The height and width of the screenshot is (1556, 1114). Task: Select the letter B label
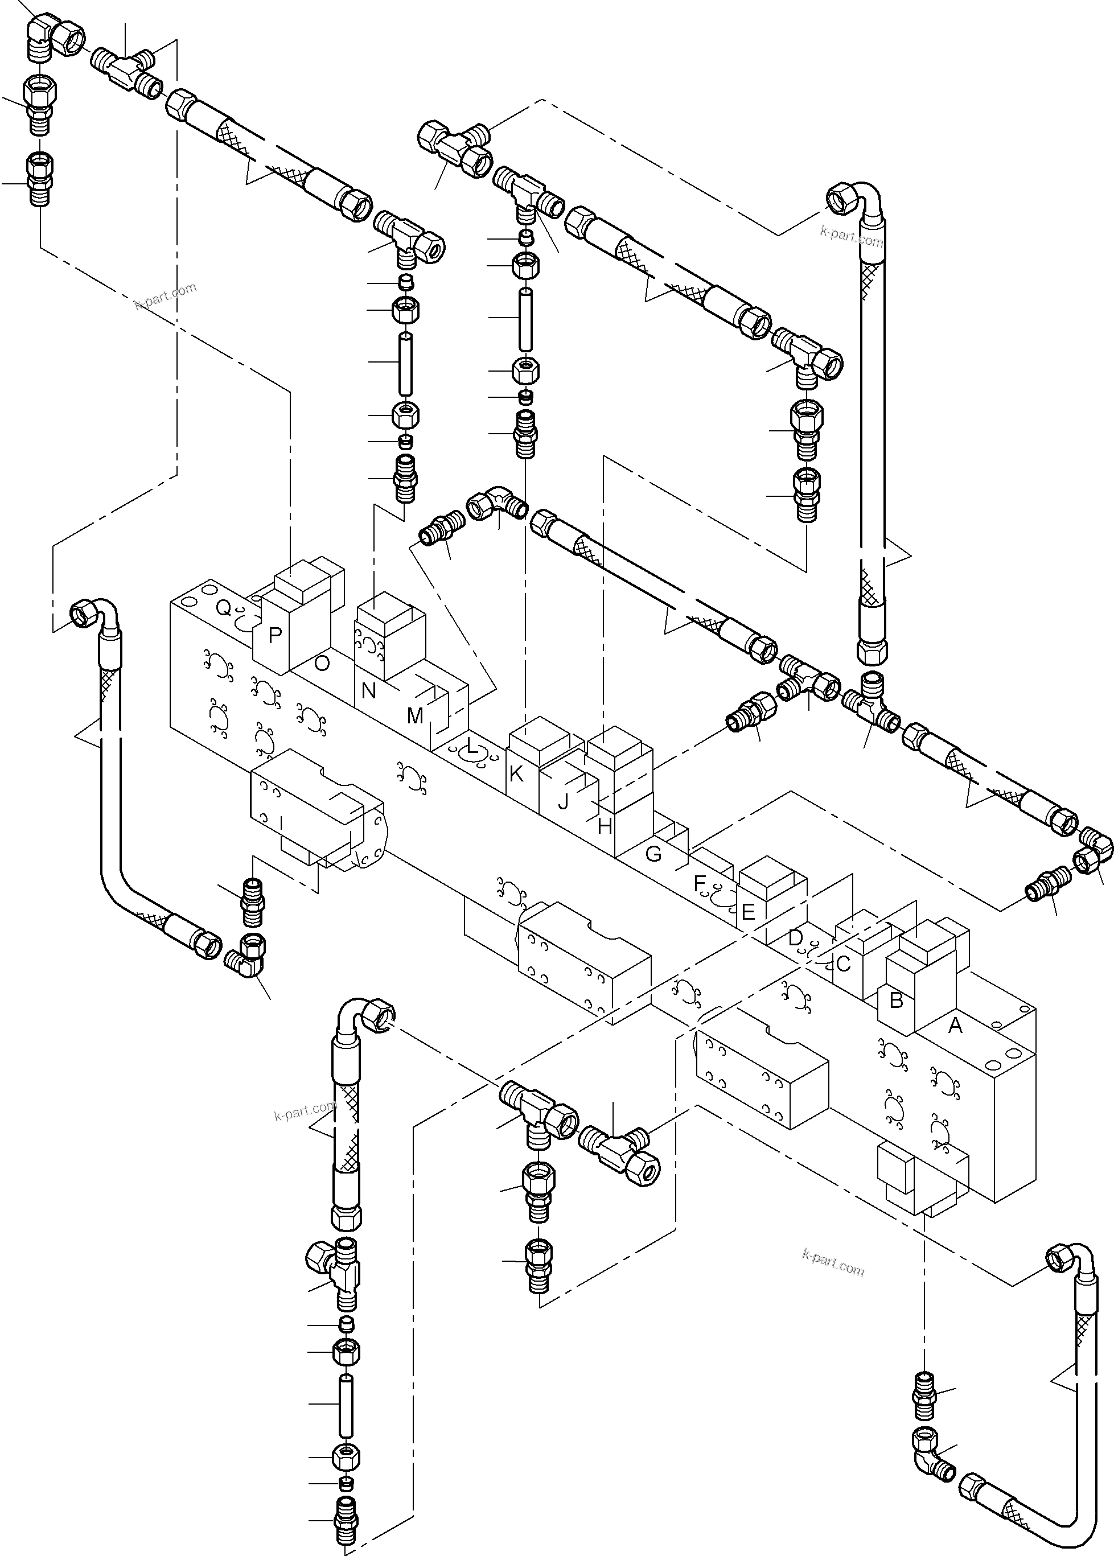coord(896,1001)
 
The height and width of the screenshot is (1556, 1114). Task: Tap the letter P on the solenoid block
coord(275,636)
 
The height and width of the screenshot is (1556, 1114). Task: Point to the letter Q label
coord(224,608)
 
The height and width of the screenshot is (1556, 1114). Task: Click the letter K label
coord(516,774)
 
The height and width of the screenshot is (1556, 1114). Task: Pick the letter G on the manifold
coord(653,854)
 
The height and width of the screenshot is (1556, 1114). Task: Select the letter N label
coord(369,691)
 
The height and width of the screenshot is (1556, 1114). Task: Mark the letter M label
coord(415,716)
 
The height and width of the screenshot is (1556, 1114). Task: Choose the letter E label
coord(749,913)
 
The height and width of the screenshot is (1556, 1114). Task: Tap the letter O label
coord(322,663)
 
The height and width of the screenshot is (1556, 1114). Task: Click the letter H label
coord(605,827)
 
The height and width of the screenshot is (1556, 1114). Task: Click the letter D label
coord(795,938)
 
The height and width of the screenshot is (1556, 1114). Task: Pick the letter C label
coord(843,964)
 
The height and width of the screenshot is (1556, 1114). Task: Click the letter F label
coord(700,884)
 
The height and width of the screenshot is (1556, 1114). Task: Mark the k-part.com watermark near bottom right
coord(833,1262)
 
